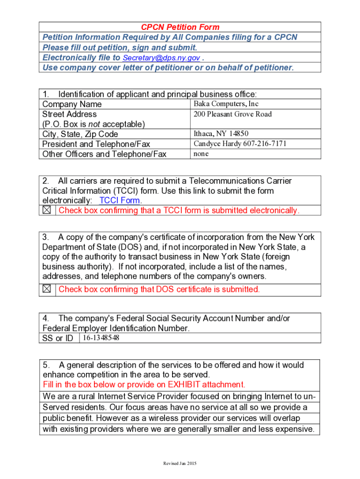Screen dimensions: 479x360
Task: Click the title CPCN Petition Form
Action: (180, 27)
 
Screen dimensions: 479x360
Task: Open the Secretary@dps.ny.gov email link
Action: (161, 58)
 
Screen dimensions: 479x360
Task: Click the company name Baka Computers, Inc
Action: (226, 104)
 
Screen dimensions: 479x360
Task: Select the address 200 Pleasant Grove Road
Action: (232, 114)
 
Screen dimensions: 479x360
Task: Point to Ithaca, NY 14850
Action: (221, 134)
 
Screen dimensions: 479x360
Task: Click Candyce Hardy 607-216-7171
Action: (240, 144)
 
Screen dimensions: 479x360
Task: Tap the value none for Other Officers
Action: (201, 153)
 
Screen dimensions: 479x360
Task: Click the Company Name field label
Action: (72, 104)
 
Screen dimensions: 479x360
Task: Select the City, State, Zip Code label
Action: (80, 134)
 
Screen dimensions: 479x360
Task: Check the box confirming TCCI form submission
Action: (47, 210)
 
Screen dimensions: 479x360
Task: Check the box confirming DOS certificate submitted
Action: (47, 289)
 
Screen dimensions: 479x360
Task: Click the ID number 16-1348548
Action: (101, 338)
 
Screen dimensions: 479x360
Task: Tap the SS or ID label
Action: (58, 338)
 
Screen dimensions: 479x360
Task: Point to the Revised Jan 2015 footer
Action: (180, 464)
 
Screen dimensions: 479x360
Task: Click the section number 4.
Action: (45, 319)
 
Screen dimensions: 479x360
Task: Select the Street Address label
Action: (69, 114)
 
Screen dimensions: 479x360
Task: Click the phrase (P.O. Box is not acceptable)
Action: (94, 124)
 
